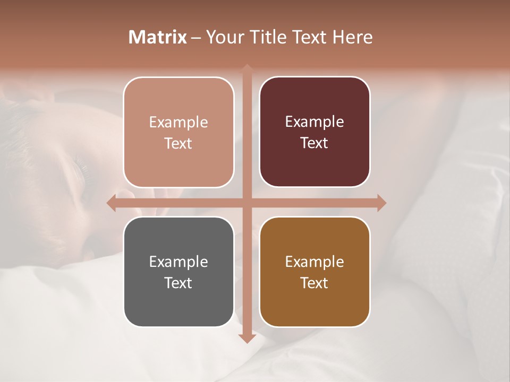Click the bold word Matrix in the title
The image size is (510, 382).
(x=158, y=37)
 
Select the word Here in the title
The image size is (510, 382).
(x=352, y=37)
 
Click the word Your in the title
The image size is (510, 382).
(x=223, y=37)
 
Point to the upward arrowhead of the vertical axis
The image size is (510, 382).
(x=246, y=69)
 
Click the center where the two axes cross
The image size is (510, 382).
(x=246, y=203)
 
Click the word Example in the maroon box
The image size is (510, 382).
(x=314, y=121)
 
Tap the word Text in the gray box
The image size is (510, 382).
(x=178, y=283)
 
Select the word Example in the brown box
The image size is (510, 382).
(x=314, y=262)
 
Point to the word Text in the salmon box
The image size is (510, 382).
(x=178, y=143)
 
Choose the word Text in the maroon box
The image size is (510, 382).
(x=314, y=143)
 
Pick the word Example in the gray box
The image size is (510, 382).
(x=178, y=262)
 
